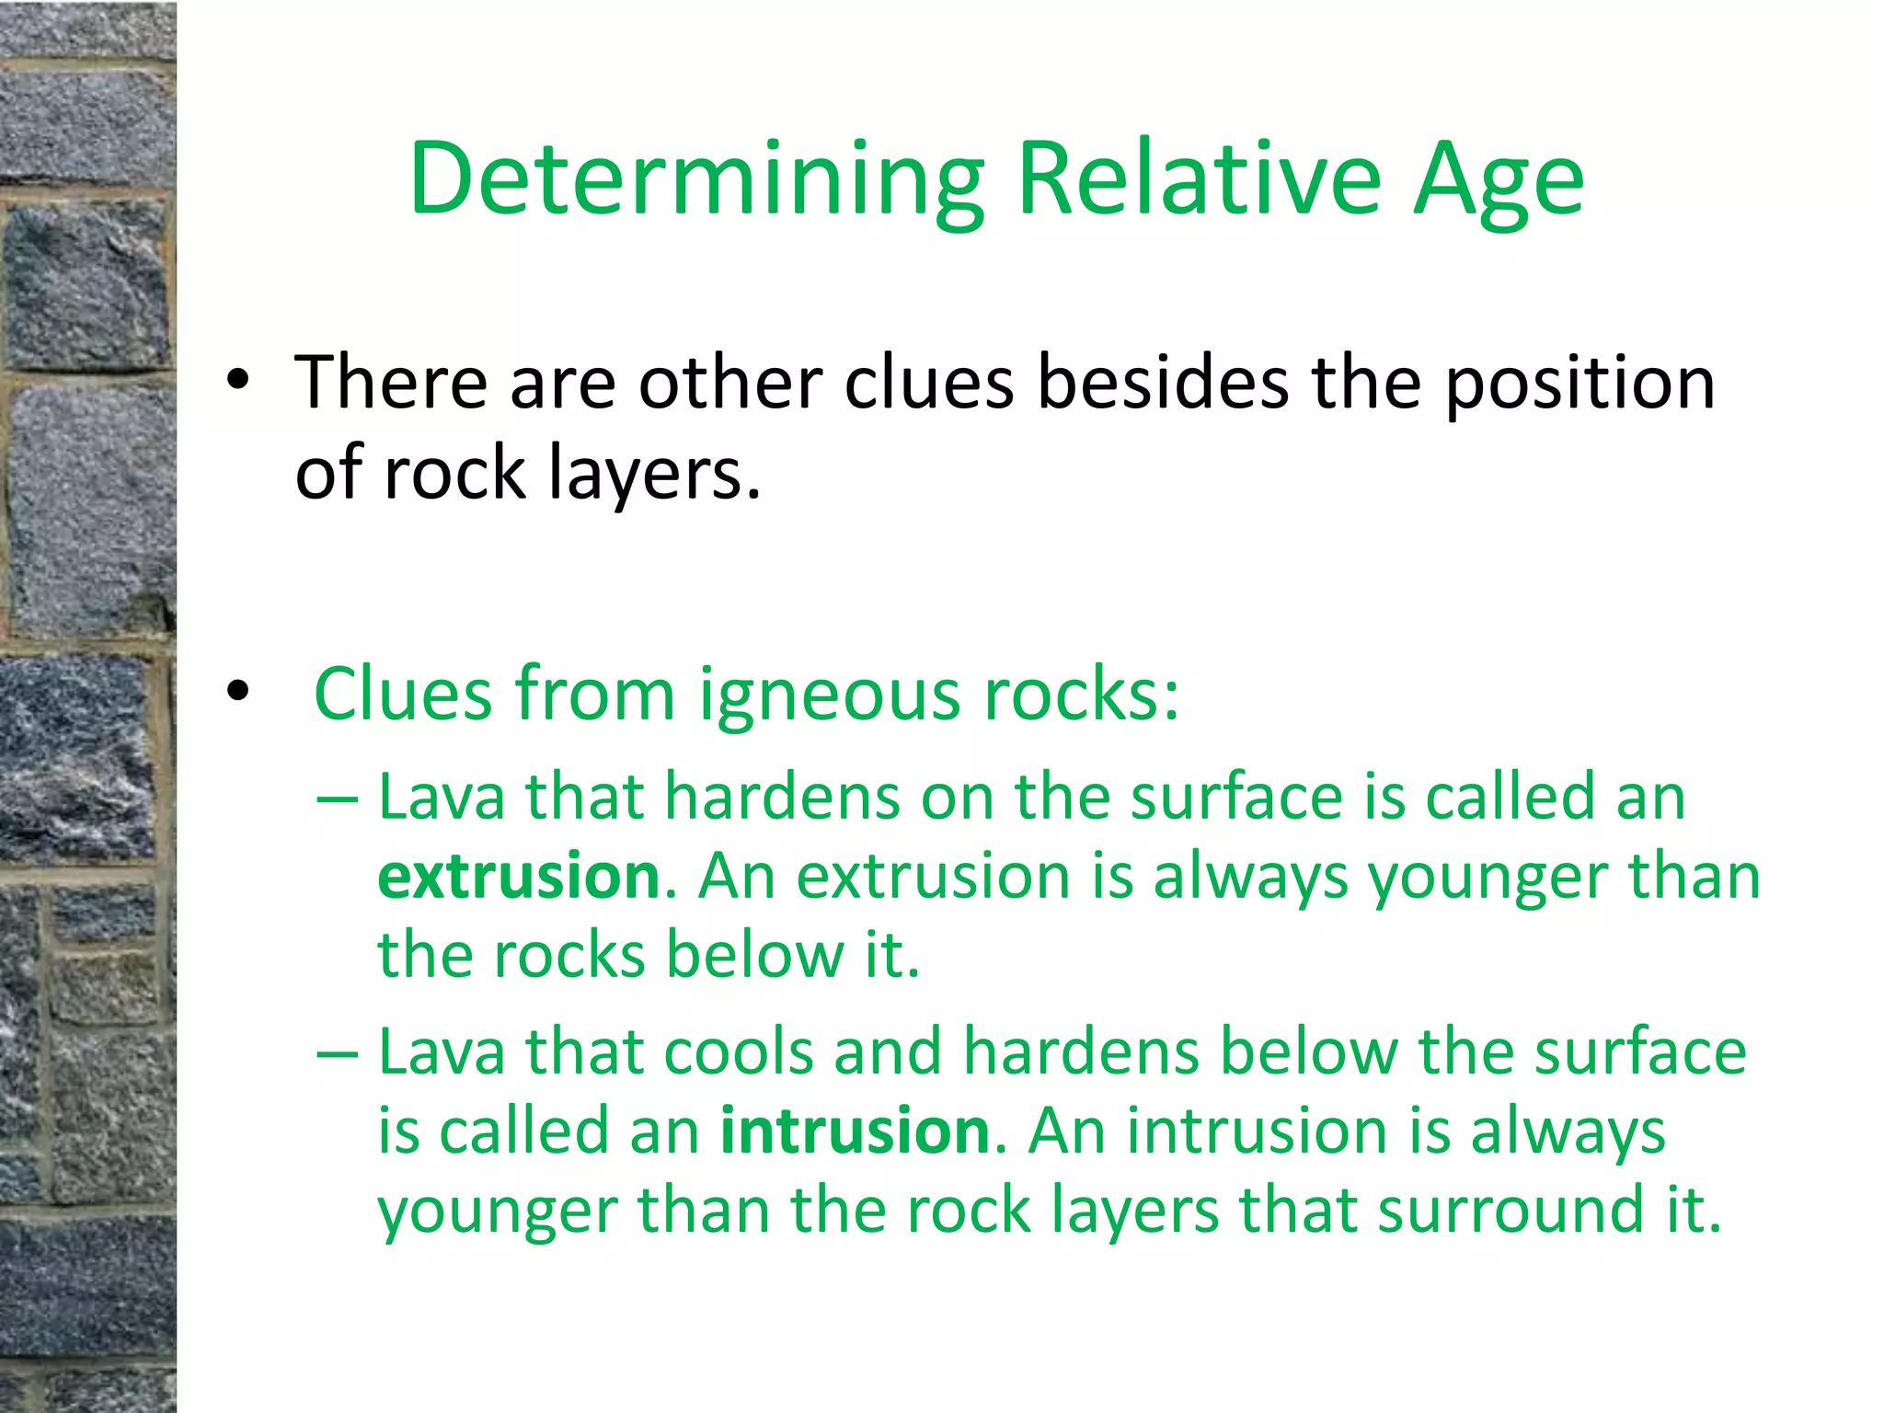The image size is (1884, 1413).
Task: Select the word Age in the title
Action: click(x=1499, y=179)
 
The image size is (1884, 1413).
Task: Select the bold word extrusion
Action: click(x=519, y=875)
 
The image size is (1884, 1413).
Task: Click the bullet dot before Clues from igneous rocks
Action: click(x=238, y=691)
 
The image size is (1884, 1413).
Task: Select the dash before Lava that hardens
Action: click(x=337, y=798)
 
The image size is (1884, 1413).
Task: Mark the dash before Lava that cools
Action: click(x=337, y=1053)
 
